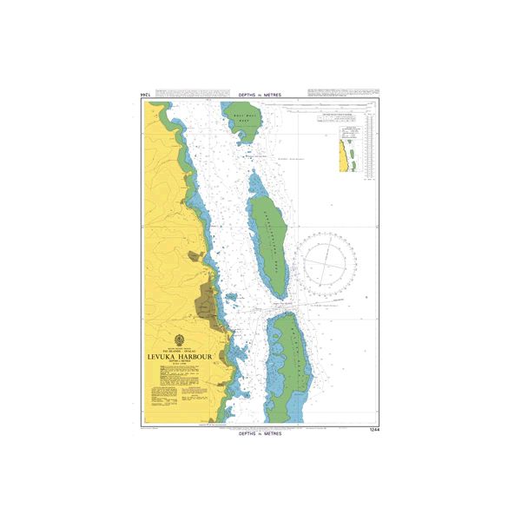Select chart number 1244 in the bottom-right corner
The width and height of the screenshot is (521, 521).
point(374,429)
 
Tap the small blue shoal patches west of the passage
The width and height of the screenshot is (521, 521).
point(231,300)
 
